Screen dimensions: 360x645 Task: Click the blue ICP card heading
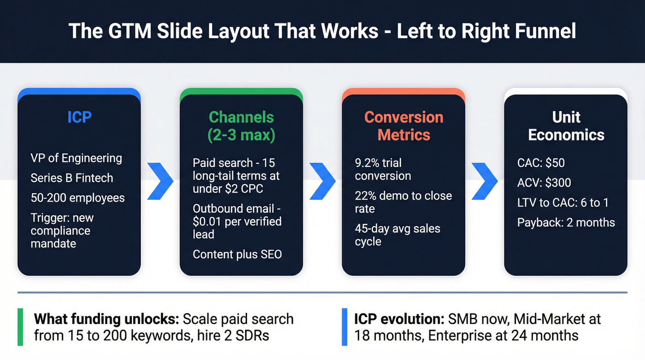point(79,117)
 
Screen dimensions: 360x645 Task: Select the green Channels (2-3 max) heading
point(241,126)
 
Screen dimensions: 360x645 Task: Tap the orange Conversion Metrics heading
point(404,126)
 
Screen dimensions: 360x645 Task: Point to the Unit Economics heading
point(566,126)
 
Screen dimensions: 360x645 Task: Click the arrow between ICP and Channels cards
point(160,181)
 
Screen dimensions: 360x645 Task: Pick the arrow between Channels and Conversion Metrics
point(322,181)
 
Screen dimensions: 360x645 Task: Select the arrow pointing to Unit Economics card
point(485,181)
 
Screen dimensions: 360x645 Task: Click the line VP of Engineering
point(76,158)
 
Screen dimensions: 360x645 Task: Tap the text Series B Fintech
point(71,178)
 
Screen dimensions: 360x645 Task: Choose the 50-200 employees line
point(77,198)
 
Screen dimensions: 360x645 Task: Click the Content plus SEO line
point(237,254)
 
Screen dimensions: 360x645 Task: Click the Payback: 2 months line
point(566,222)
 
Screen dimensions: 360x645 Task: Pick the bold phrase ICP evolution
point(399,319)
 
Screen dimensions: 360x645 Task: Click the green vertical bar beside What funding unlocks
point(20,327)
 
